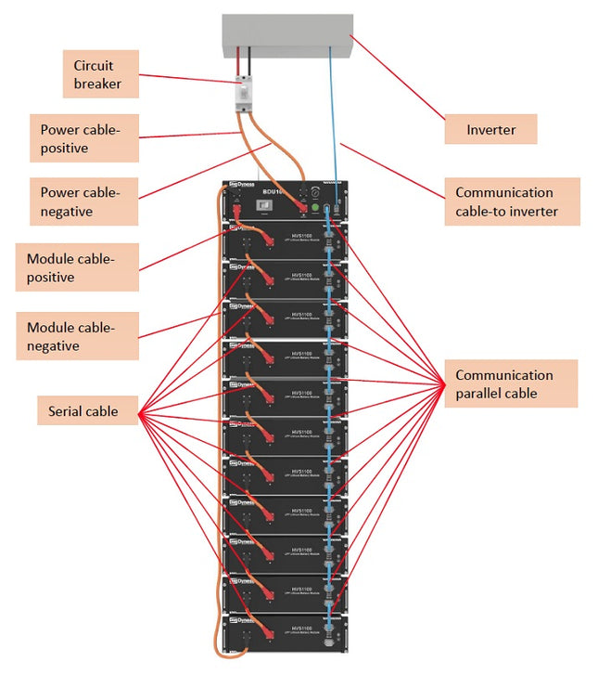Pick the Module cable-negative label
click(x=77, y=337)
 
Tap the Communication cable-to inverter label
click(x=512, y=202)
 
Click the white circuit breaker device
click(x=243, y=94)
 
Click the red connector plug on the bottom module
click(x=261, y=638)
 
